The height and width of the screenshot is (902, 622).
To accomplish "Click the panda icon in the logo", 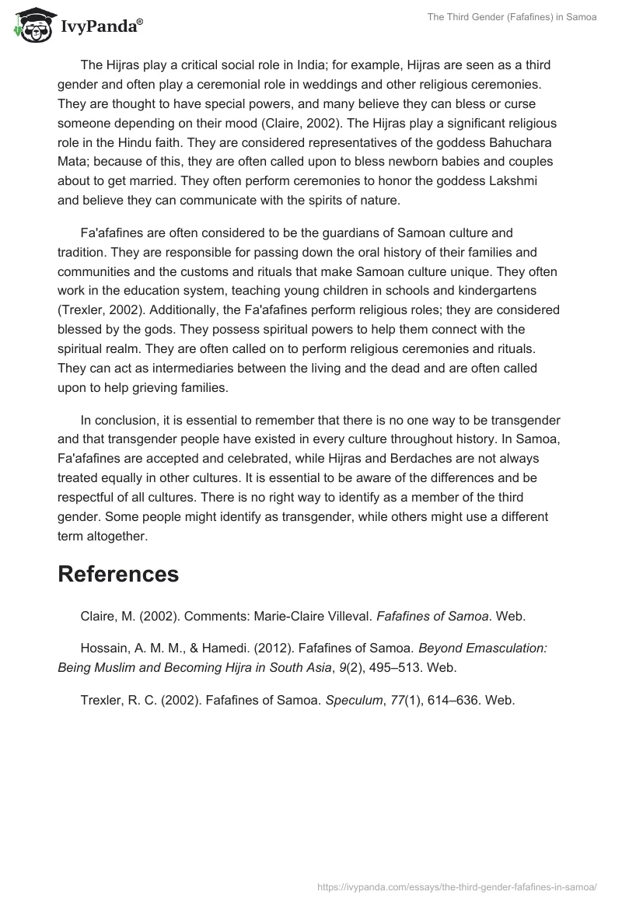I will [31, 25].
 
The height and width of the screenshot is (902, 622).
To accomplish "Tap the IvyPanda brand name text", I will [101, 26].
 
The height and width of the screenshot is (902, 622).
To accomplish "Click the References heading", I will [118, 574].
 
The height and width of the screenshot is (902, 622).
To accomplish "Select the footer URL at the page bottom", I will [457, 886].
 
